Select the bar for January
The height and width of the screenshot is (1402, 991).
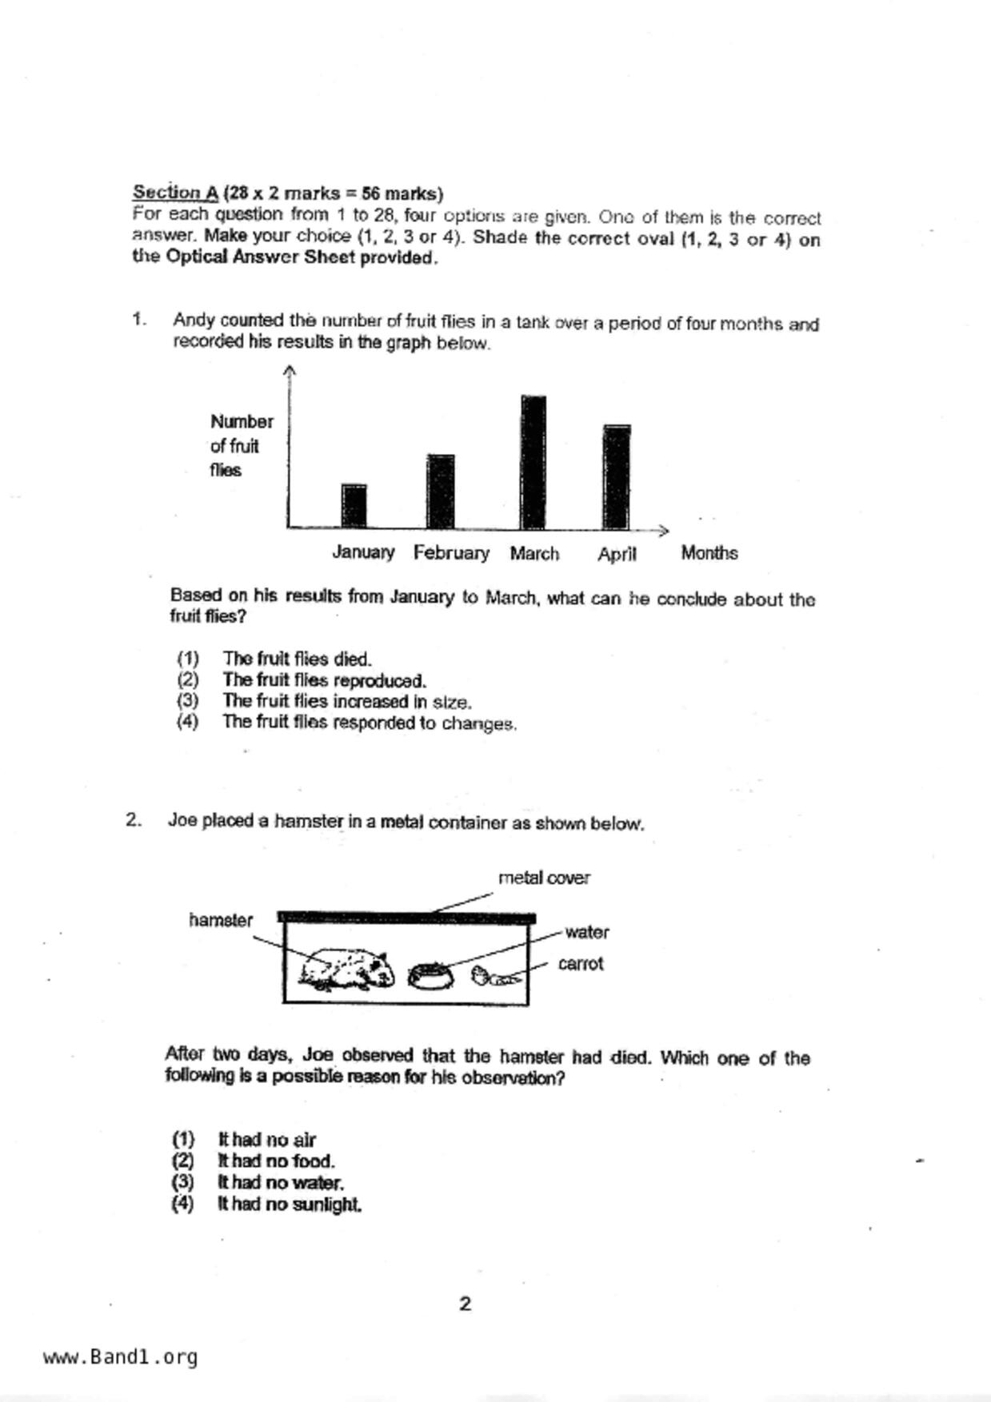[x=354, y=506]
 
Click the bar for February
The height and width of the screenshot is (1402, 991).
[x=441, y=492]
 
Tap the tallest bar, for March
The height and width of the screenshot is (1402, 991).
[x=533, y=462]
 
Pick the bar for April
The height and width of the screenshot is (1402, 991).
[x=617, y=477]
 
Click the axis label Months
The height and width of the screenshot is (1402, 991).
[x=709, y=553]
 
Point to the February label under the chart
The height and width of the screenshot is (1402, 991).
[x=451, y=553]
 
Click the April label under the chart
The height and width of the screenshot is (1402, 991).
[x=617, y=554]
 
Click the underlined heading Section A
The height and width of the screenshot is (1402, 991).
[x=175, y=193]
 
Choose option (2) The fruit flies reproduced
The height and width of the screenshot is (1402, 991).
[x=324, y=680]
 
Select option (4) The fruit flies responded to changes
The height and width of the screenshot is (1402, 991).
[x=369, y=723]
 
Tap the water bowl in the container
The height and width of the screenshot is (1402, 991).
[x=430, y=976]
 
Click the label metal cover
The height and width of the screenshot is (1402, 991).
[x=544, y=878]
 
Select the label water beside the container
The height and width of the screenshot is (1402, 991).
[x=586, y=932]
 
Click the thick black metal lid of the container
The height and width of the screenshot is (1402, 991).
[x=406, y=918]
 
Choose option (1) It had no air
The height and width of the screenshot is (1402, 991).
[x=266, y=1140]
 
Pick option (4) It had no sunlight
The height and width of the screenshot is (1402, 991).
[x=289, y=1204]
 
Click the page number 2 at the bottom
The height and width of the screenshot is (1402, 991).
[x=466, y=1304]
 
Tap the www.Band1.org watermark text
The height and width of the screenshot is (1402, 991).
[x=120, y=1357]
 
